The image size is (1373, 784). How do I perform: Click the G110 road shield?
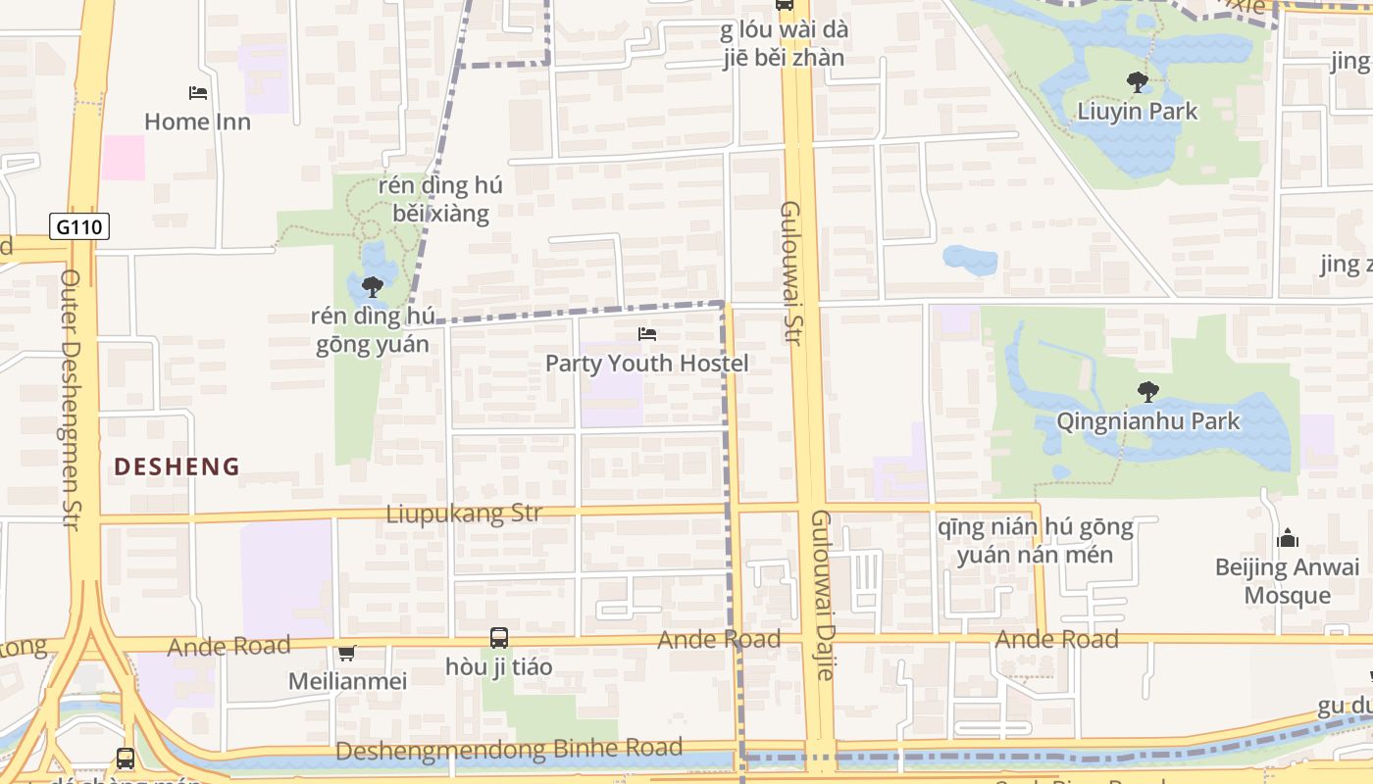click(79, 227)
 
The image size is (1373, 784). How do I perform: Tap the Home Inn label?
click(197, 122)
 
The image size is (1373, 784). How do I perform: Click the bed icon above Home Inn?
click(198, 93)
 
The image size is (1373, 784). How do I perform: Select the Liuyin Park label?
click(1138, 111)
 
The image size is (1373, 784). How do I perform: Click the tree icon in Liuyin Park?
click(1138, 81)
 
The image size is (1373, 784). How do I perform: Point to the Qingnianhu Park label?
click(1147, 421)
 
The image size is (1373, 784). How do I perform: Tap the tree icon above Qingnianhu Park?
click(1147, 392)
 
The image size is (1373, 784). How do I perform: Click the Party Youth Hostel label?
click(646, 364)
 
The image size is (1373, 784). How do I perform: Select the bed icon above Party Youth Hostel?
click(646, 334)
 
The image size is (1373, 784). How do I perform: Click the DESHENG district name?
click(177, 466)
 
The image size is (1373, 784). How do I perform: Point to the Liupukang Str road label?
click(464, 514)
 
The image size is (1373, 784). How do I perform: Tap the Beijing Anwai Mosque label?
click(1287, 581)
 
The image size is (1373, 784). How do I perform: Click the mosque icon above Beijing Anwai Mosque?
click(1287, 538)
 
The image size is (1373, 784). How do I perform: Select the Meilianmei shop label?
click(347, 680)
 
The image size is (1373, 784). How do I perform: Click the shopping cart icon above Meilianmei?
click(346, 653)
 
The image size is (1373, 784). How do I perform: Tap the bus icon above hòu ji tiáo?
click(499, 638)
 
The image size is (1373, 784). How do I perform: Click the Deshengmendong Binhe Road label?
click(509, 750)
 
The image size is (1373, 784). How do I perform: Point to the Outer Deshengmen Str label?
click(70, 399)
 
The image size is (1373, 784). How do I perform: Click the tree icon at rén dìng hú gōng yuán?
click(373, 287)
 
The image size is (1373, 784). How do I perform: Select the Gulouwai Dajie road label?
click(822, 594)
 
